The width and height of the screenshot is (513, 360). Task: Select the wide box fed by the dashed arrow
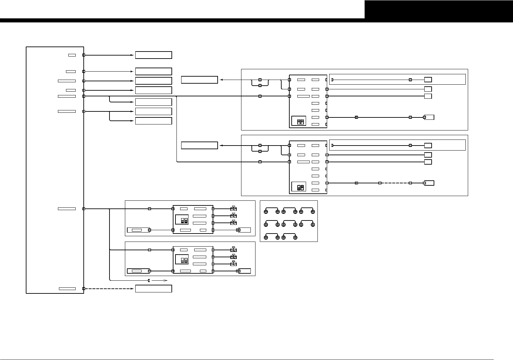point(153,289)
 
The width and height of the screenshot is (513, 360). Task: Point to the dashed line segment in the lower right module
point(395,183)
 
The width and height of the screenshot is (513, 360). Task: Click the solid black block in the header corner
point(439,9)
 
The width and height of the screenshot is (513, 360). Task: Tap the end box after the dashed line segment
point(429,183)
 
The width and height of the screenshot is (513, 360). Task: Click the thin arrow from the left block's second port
point(109,71)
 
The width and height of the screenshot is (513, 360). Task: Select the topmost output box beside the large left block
point(153,55)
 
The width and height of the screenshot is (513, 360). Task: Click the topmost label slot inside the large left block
point(72,55)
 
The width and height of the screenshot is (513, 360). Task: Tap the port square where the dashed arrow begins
point(84,288)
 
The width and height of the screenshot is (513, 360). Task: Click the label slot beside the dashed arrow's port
point(67,288)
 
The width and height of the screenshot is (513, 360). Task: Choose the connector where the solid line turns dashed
point(380,183)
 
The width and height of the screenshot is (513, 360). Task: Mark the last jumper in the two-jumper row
point(289,236)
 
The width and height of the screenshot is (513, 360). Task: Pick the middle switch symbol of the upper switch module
point(233,216)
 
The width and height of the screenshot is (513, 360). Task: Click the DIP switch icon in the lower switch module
point(184,259)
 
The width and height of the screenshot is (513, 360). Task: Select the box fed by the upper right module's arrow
point(199,80)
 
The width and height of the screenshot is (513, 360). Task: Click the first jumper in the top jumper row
point(272,209)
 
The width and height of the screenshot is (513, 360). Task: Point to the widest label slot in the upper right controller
point(303,96)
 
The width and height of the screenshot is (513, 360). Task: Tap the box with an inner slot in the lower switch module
point(138,271)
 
